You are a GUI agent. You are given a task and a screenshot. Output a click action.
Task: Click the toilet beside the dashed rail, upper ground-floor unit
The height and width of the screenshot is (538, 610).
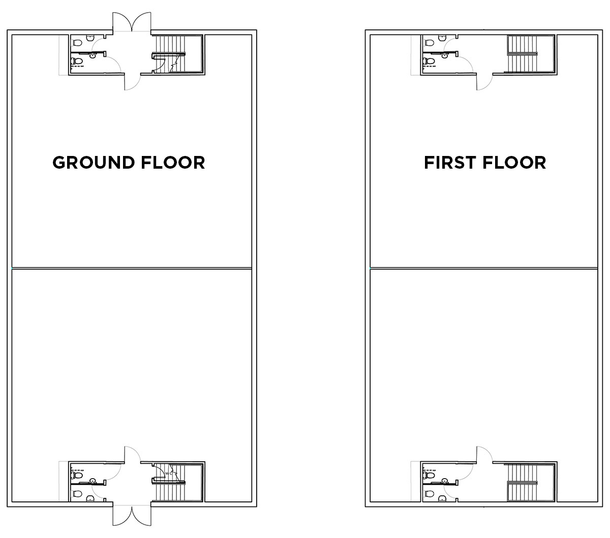pyautogui.click(x=78, y=61)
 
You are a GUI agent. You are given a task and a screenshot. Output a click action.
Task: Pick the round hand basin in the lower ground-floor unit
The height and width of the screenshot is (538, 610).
pyautogui.click(x=93, y=481)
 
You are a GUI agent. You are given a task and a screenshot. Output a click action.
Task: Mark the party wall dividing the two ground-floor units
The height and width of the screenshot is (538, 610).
pyautogui.click(x=131, y=268)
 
